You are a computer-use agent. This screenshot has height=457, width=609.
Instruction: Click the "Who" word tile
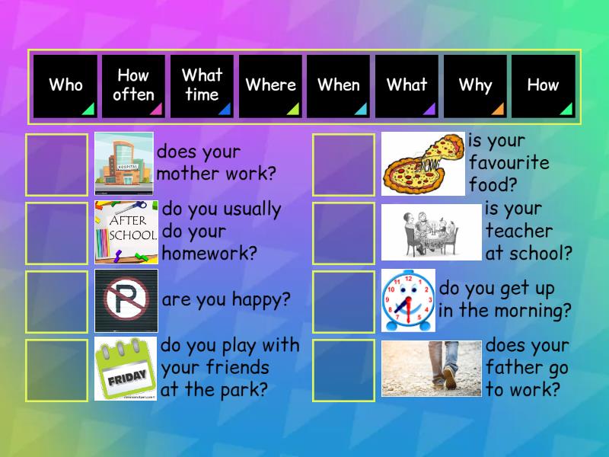point(65,85)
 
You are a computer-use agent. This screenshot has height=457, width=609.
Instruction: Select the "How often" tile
point(134,85)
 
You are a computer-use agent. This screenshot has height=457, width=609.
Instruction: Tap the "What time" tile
point(202,85)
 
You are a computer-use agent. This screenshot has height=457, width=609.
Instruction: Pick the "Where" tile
point(270,85)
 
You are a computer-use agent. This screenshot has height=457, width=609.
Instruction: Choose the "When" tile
point(338,85)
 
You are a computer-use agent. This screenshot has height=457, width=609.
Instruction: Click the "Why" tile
point(475,85)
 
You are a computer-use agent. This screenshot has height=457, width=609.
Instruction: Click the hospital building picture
point(124,163)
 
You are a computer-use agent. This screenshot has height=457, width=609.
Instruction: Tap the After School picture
point(126,232)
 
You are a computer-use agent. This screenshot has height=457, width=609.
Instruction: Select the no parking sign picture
point(126,300)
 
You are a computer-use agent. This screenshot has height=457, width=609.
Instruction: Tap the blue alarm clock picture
point(409,300)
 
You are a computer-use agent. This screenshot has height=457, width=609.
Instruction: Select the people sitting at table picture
point(431,232)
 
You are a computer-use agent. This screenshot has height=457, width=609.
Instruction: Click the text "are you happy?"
point(226,299)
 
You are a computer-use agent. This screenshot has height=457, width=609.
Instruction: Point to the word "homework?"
point(209,253)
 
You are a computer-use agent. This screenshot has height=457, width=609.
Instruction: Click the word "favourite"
point(509,162)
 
